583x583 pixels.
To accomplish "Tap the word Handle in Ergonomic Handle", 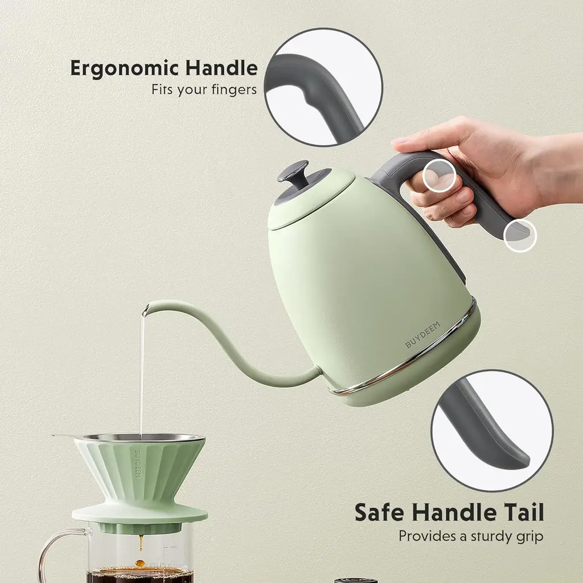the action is coord(221,68).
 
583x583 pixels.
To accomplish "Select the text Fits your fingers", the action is coord(204,90).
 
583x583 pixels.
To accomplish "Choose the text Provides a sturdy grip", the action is coord(471,537).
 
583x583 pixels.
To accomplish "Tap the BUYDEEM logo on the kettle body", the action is coord(422,335).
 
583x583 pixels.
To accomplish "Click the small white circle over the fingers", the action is coord(440,176).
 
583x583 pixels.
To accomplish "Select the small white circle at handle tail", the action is coord(520,235).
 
